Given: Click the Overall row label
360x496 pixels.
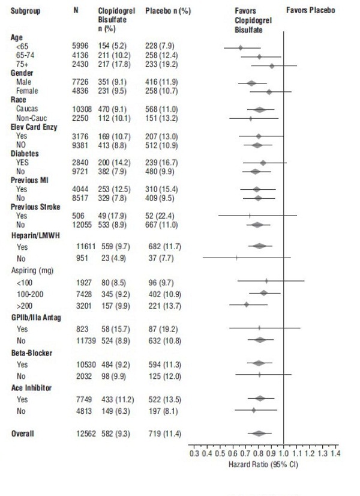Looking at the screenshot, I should pyautogui.click(x=23, y=434).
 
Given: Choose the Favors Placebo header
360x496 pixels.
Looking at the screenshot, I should pyautogui.click(x=310, y=11).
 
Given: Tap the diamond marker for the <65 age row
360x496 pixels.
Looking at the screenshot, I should pyautogui.click(x=241, y=47).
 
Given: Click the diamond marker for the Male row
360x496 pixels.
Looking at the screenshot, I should pyautogui.click(x=251, y=83).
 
